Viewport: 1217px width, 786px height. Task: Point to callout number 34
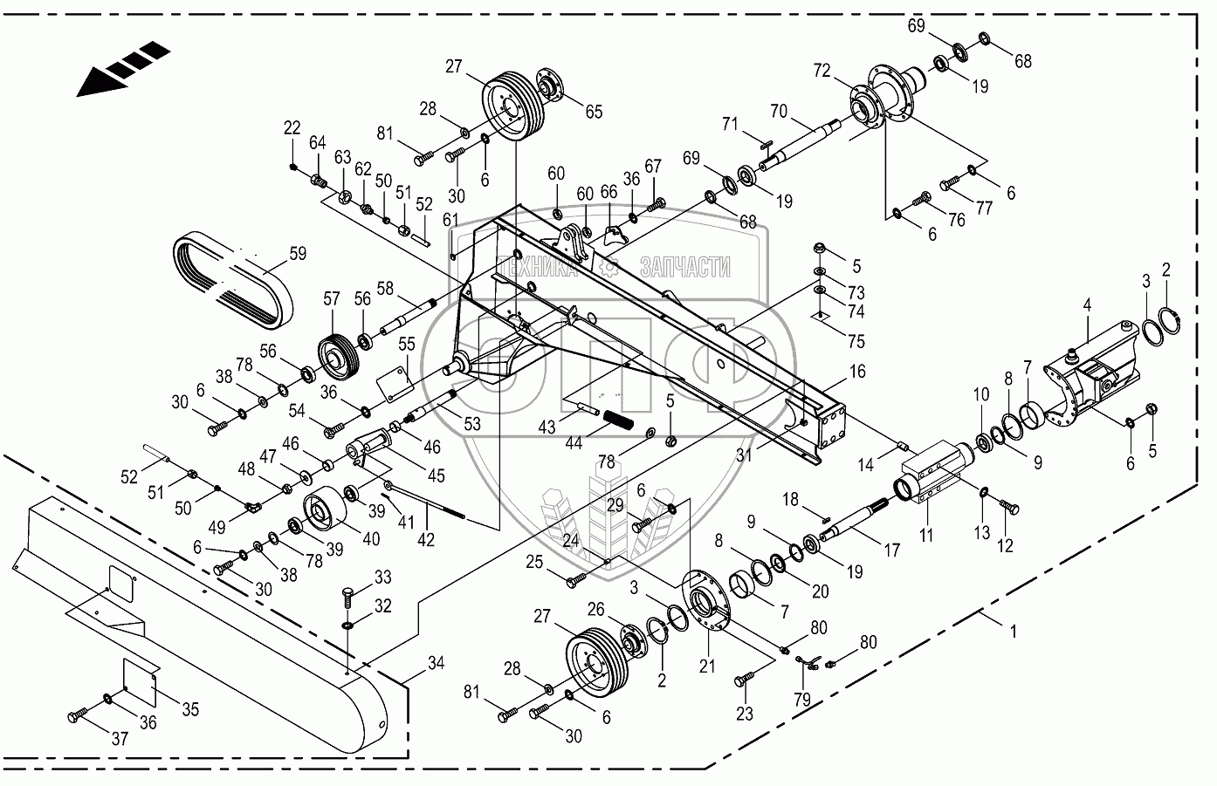pos(436,664)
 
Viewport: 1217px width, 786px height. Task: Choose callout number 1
pos(1014,631)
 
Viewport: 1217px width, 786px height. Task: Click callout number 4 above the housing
pos(1087,304)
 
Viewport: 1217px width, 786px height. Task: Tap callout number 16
pos(857,372)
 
